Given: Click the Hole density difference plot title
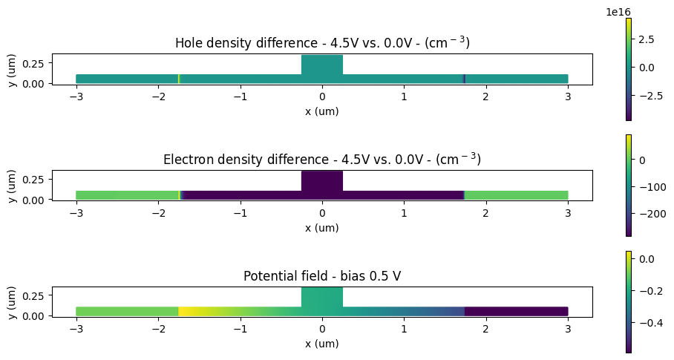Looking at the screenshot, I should pos(322,43).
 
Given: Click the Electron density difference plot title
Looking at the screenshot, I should pos(322,159).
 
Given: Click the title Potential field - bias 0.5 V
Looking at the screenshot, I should pos(322,276).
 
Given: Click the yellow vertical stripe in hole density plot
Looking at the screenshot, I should pos(179,79).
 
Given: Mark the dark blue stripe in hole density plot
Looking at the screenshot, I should pos(465,79).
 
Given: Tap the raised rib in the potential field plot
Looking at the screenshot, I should pos(322,297).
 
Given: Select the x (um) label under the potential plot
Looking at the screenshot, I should pos(322,344).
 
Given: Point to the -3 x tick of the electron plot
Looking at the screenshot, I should pos(76,212).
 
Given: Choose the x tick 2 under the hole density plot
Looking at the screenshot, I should pos(486,96).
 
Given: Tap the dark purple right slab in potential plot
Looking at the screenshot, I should pos(516,311).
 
